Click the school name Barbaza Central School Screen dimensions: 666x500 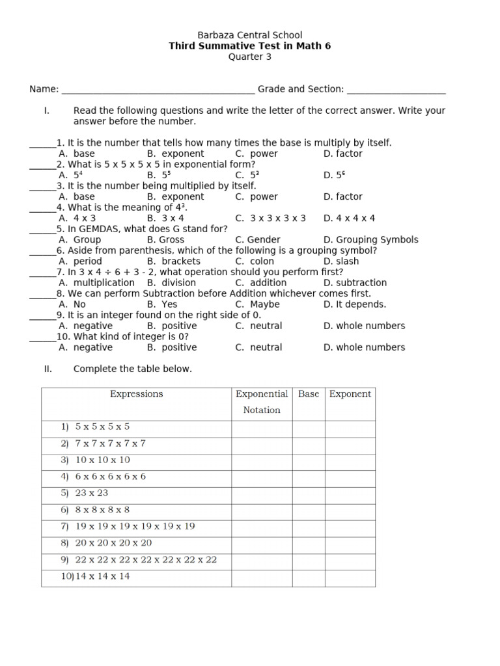(249, 35)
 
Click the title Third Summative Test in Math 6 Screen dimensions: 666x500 (249, 46)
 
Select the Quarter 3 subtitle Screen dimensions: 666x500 (249, 57)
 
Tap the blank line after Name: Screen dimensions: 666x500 (157, 90)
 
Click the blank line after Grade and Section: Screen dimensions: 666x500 (396, 90)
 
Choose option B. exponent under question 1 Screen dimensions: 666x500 (175, 154)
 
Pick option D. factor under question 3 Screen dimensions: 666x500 (342, 197)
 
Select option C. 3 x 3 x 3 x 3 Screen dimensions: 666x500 (270, 219)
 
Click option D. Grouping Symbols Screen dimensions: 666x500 (370, 240)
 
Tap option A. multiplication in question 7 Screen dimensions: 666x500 (96, 283)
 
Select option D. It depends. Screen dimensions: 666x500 (354, 304)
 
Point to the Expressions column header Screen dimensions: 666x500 (137, 394)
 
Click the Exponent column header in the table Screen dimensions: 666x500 (350, 394)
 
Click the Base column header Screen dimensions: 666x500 (309, 394)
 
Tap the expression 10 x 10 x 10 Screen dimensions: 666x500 (102, 460)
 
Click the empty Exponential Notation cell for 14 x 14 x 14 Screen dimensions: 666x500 (262, 577)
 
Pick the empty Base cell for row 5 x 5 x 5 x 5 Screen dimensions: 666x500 (309, 427)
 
